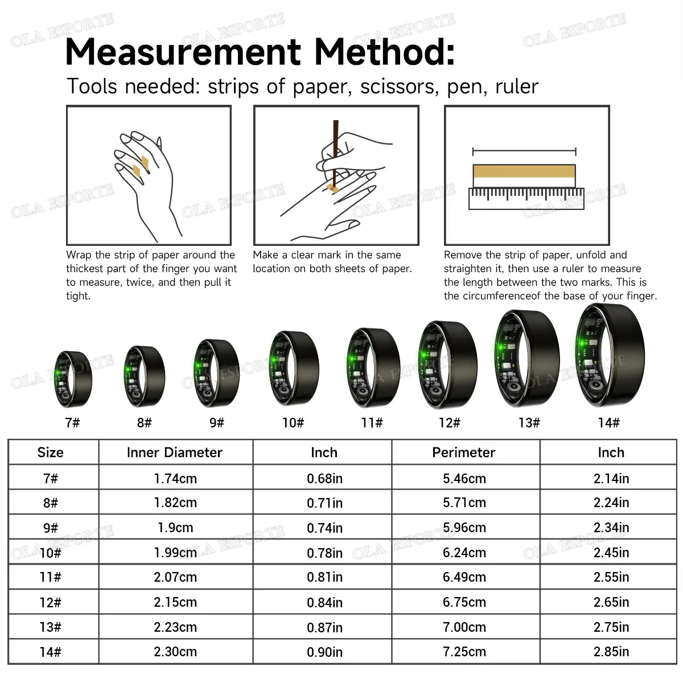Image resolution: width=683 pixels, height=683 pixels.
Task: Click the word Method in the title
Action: (x=384, y=52)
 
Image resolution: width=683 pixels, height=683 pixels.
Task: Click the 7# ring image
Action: (x=73, y=378)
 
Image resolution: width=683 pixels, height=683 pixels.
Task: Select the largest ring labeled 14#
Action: (x=610, y=355)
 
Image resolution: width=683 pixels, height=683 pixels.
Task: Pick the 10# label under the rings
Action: (x=293, y=422)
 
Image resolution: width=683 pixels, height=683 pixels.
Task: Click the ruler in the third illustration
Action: (x=526, y=199)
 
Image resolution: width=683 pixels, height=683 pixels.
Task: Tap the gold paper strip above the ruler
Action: (x=524, y=171)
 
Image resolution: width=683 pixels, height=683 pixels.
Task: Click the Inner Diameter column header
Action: (x=175, y=452)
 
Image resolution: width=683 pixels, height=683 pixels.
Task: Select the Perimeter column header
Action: (x=464, y=452)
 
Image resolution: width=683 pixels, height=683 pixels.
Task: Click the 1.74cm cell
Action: (x=175, y=479)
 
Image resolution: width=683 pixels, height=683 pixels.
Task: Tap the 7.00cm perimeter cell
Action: (x=464, y=627)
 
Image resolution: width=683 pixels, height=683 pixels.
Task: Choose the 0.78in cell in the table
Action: (x=324, y=553)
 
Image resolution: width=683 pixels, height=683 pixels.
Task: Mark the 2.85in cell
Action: (x=611, y=652)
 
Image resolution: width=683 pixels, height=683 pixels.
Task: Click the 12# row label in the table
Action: (x=50, y=602)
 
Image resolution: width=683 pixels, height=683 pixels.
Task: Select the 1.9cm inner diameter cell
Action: (x=175, y=528)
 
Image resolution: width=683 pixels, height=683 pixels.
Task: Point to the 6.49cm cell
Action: (x=464, y=577)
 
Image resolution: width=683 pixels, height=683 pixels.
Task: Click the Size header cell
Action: (x=50, y=452)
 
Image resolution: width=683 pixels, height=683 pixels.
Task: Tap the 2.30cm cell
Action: (x=175, y=652)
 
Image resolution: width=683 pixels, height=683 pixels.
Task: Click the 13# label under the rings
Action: (x=529, y=422)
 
